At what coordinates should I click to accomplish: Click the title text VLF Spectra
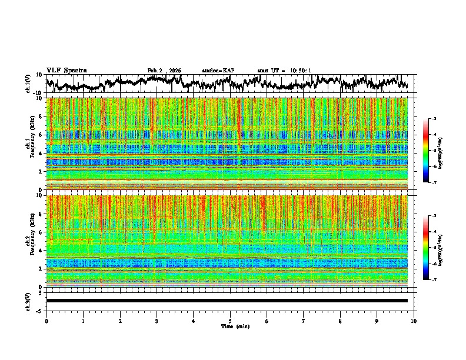click(66, 70)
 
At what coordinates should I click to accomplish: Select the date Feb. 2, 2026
click(164, 71)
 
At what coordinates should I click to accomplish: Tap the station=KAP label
click(218, 71)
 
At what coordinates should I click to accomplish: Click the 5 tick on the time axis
click(230, 321)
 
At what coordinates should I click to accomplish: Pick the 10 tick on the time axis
click(414, 321)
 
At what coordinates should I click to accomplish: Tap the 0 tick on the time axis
click(46, 321)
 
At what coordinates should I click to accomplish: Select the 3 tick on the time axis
click(157, 321)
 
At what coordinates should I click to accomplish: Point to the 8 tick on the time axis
click(340, 321)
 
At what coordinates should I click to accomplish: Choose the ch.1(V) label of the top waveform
click(28, 84)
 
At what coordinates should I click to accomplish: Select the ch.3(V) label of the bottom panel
click(28, 301)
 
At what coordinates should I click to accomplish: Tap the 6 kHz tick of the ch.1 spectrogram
click(42, 135)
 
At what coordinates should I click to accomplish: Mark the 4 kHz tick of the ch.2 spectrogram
click(42, 251)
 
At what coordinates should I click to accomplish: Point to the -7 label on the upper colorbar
click(435, 183)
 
